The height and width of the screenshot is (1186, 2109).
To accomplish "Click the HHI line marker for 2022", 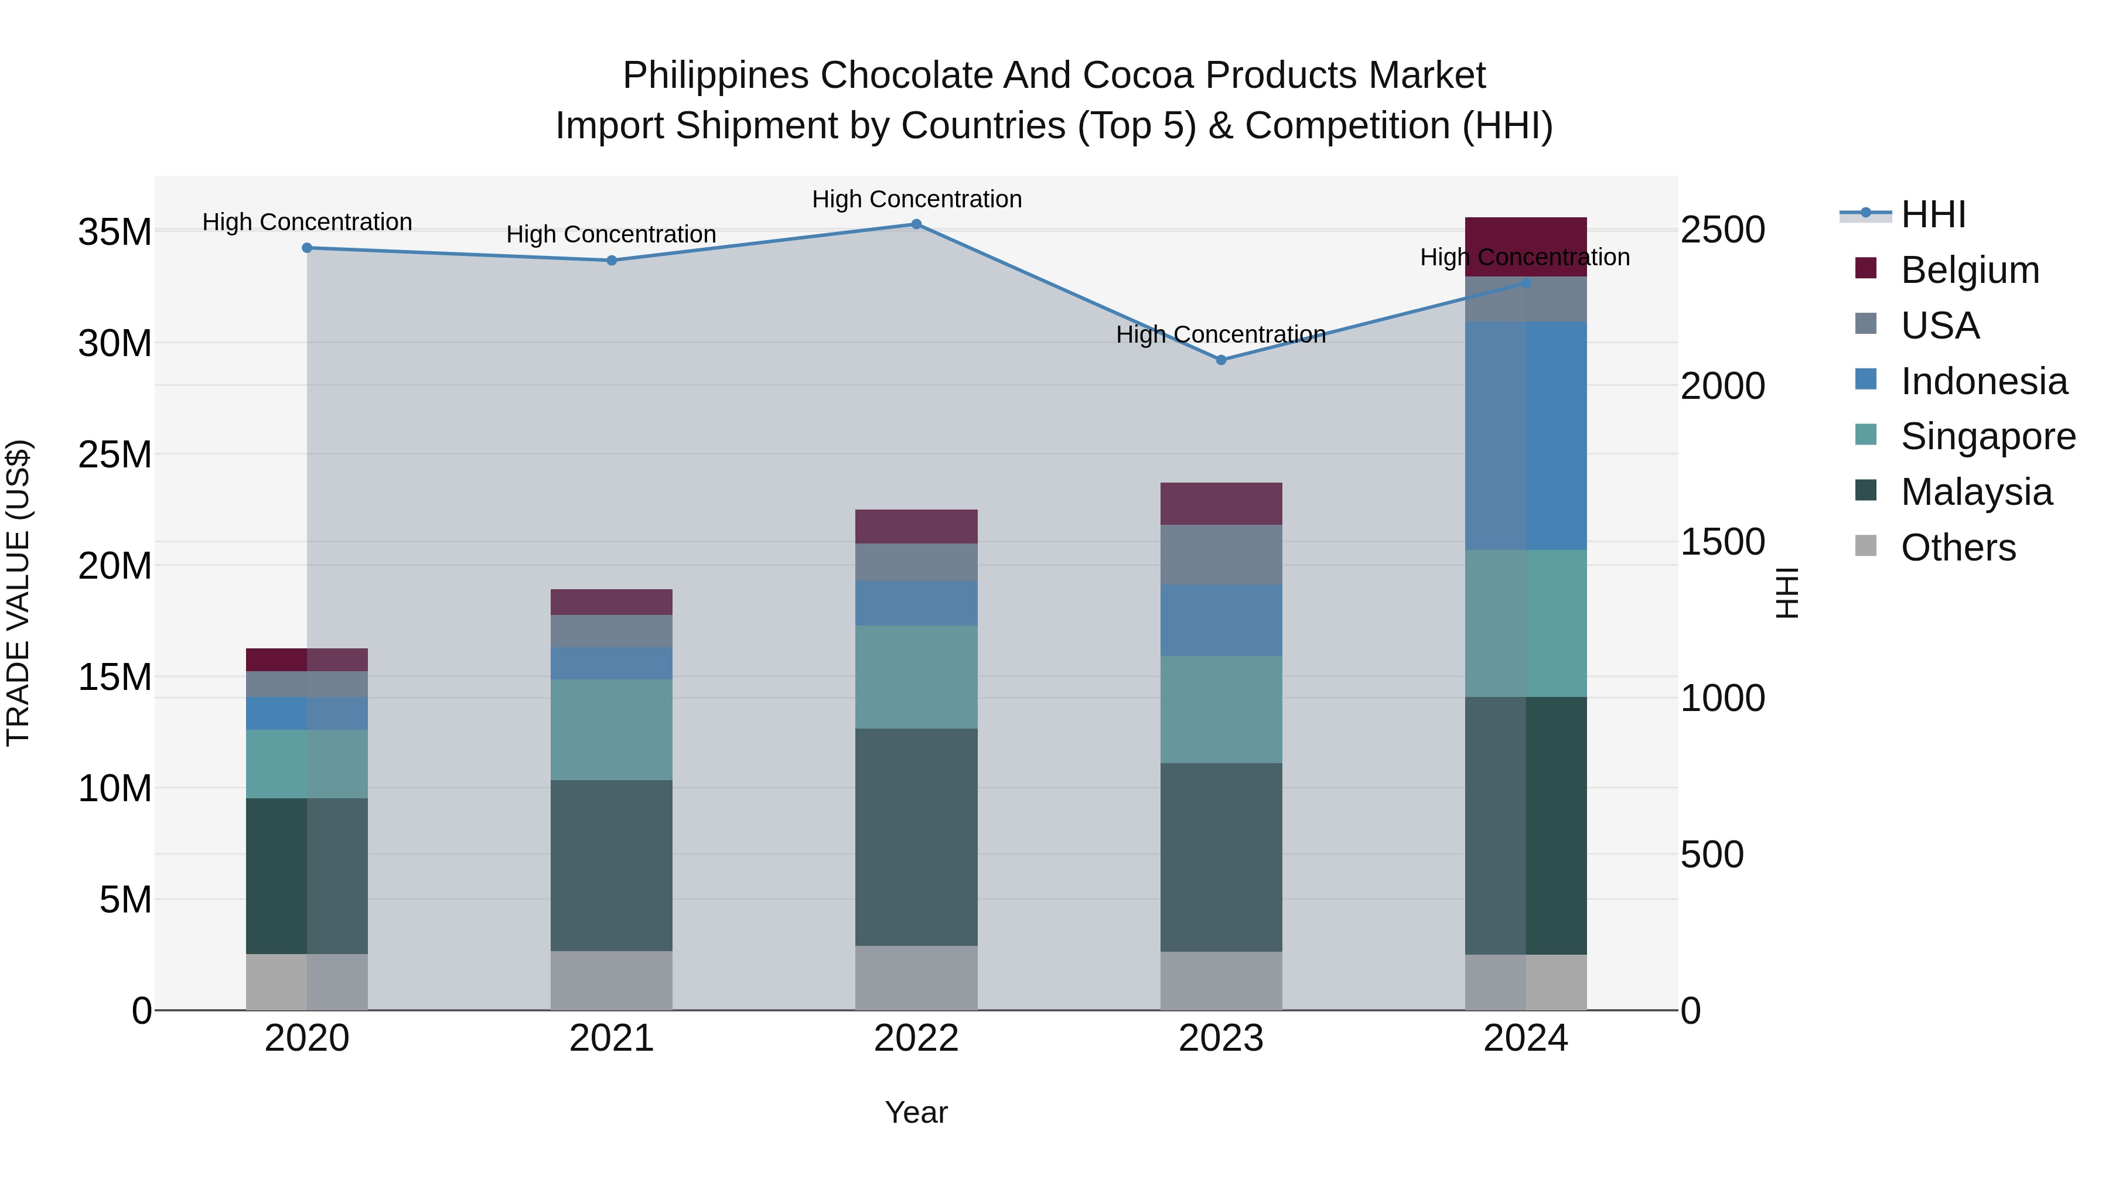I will (916, 224).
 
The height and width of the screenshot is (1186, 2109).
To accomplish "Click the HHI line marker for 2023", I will (1221, 360).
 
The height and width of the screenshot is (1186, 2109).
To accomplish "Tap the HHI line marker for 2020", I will (307, 248).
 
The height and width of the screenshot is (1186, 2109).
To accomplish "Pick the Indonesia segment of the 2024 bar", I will (1526, 435).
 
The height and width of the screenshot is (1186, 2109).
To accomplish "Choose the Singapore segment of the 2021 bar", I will (612, 729).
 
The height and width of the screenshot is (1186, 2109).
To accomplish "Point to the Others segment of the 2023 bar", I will (1221, 980).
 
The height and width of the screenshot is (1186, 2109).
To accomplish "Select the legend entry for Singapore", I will (1987, 436).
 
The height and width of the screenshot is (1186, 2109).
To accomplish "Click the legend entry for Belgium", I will (1969, 270).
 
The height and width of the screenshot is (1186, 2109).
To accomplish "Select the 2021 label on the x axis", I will (612, 1038).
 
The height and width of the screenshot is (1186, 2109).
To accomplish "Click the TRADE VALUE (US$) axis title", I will (19, 593).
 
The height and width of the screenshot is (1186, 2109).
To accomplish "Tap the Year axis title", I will (916, 1112).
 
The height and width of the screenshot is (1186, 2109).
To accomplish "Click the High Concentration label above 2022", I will (916, 199).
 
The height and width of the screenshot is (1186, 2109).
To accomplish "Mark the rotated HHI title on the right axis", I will (1787, 593).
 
